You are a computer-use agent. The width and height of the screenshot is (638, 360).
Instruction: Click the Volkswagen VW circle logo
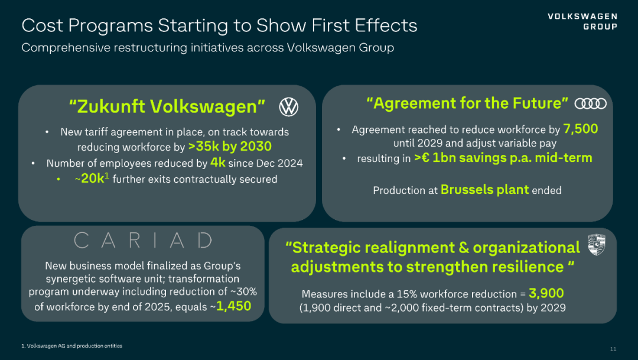pyautogui.click(x=289, y=107)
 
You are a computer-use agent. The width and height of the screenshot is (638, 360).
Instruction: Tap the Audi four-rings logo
pyautogui.click(x=590, y=103)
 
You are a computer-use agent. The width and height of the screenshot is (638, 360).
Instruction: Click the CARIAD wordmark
pyautogui.click(x=143, y=241)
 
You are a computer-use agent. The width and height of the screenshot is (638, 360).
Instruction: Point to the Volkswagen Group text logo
pyautogui.click(x=582, y=21)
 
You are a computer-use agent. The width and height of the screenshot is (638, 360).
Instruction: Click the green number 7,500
pyautogui.click(x=581, y=129)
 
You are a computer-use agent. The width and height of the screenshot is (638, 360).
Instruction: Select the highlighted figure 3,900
pyautogui.click(x=546, y=293)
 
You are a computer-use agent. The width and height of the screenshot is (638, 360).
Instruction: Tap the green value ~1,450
pyautogui.click(x=234, y=306)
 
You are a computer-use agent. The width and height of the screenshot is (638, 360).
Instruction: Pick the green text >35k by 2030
pyautogui.click(x=230, y=147)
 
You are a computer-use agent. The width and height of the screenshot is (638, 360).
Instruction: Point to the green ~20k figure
pyautogui.click(x=92, y=179)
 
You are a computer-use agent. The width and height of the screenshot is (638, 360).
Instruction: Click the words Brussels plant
pyautogui.click(x=484, y=190)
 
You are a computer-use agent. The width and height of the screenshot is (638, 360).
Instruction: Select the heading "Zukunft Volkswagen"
pyautogui.click(x=167, y=106)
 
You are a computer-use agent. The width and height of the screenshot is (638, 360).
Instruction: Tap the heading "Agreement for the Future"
pyautogui.click(x=467, y=103)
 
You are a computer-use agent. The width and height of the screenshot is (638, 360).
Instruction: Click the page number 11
pyautogui.click(x=613, y=349)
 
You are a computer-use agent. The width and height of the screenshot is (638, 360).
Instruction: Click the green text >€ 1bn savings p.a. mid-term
pyautogui.click(x=503, y=158)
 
